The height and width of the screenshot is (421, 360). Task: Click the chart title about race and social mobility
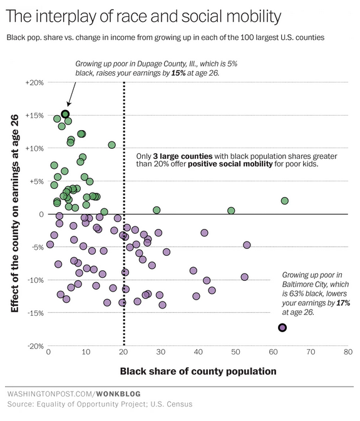coord(143,14)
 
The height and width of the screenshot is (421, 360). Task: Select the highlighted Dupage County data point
coord(65,114)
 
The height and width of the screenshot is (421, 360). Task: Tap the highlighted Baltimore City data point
coord(282,327)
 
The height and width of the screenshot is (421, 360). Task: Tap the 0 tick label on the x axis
coord(49,353)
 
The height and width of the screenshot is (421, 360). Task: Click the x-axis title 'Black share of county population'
coord(198,371)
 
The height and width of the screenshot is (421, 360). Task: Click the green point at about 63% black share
coord(284,201)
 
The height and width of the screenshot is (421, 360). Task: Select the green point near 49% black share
coord(231,211)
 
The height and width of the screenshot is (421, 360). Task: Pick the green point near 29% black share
coord(157,210)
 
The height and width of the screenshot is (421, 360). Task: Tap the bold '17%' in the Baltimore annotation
coord(342,302)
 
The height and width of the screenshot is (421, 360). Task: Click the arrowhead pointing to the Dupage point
coord(67,106)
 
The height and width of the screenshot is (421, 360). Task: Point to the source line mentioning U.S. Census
coord(100,405)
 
